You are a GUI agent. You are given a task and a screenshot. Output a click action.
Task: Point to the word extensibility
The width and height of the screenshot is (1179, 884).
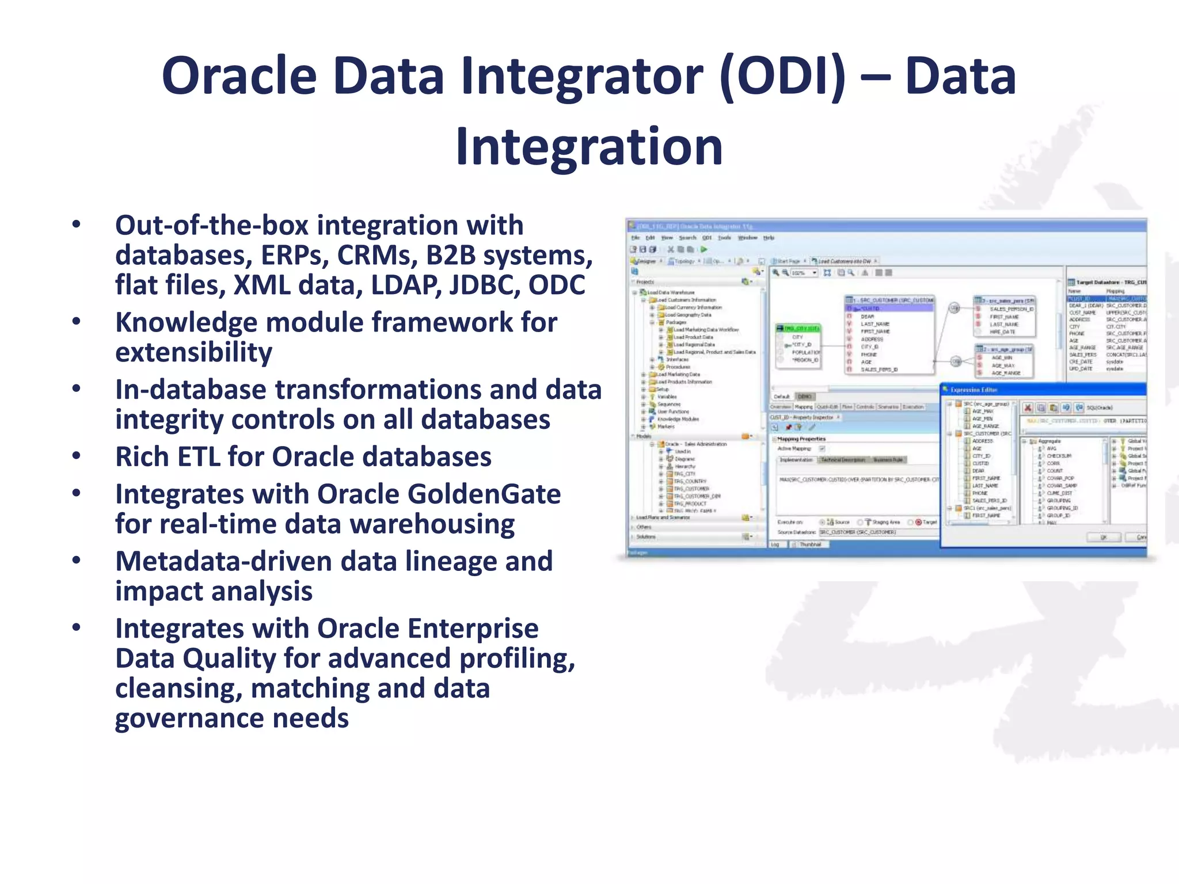[x=193, y=352]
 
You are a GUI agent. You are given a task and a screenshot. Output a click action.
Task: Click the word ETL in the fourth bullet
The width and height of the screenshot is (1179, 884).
[x=245, y=457]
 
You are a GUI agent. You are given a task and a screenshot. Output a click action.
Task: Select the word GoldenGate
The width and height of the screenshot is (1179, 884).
[x=439, y=494]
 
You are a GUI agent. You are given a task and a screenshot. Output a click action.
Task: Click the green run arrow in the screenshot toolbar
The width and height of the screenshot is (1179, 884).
[x=703, y=249]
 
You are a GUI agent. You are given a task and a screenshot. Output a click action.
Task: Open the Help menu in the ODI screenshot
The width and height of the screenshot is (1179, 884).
[x=769, y=238]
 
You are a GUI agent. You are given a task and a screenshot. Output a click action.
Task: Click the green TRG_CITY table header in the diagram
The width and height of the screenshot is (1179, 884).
[x=798, y=328]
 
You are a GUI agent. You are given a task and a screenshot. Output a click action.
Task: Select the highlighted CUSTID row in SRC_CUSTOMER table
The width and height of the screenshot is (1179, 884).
[x=889, y=308]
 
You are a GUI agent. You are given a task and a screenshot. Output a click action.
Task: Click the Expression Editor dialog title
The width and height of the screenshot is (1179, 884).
[x=973, y=390]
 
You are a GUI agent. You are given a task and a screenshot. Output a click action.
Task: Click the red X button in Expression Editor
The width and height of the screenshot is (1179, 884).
[x=1028, y=407]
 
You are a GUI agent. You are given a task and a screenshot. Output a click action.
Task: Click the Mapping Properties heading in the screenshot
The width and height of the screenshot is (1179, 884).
[x=801, y=439]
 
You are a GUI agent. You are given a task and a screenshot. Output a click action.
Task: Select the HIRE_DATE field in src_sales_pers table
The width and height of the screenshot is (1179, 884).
[x=1002, y=332]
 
